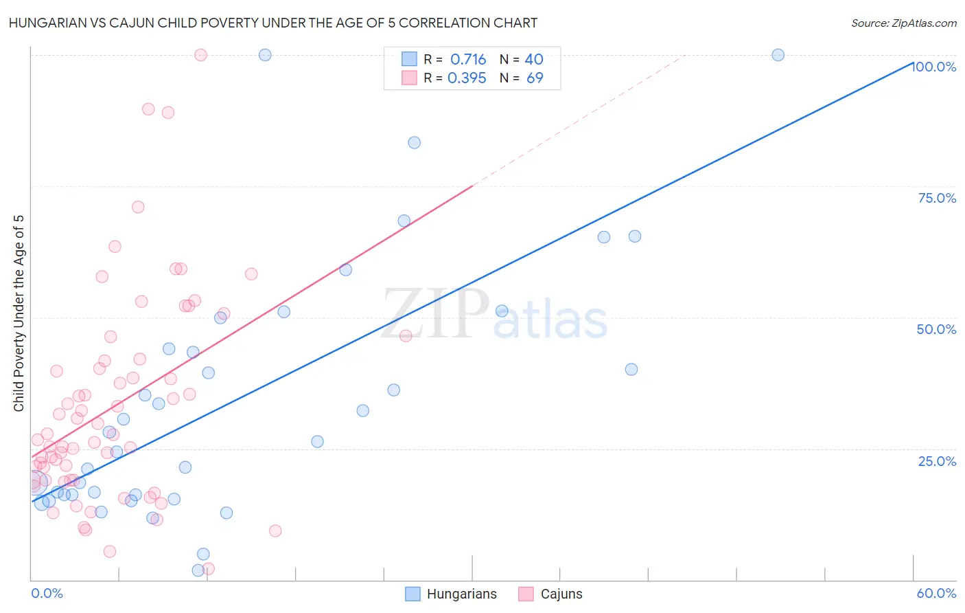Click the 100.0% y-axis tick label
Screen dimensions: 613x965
coord(933,67)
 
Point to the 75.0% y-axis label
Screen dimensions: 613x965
coord(937,198)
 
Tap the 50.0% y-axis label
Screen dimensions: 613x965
coord(936,329)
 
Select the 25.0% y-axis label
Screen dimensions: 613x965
coord(937,461)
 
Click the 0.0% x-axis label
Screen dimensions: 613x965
coord(47,594)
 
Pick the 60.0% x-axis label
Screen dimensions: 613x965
coord(936,594)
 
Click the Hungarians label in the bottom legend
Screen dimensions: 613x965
coord(461,594)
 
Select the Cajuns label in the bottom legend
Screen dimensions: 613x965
coord(561,594)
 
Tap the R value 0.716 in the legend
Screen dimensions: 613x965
coord(468,60)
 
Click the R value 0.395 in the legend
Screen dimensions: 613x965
coord(467,78)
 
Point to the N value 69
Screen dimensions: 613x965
coord(535,78)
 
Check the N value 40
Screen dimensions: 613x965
coord(534,60)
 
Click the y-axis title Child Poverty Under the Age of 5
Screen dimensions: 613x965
coord(19,313)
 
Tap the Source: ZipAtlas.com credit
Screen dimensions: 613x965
coord(903,23)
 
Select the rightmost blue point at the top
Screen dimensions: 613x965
coord(778,55)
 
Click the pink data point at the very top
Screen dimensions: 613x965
coord(200,55)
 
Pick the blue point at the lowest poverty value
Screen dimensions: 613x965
coord(198,570)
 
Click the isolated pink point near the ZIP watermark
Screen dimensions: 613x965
coord(406,335)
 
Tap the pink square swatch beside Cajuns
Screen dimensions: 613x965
coord(526,594)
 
